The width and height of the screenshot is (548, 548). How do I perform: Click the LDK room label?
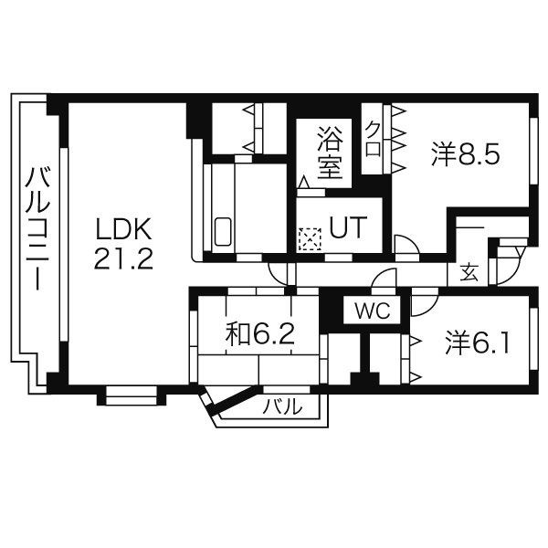[123, 229]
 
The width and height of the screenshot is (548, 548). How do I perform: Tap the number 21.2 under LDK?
[123, 258]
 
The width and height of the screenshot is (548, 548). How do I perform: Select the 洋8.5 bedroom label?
[466, 153]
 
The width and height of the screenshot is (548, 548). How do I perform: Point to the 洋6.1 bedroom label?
[477, 342]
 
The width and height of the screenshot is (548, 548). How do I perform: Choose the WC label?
[372, 311]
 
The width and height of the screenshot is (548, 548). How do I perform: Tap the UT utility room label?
[348, 227]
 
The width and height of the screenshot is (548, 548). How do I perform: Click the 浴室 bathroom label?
[329, 153]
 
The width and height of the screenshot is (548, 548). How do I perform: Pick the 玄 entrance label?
[469, 272]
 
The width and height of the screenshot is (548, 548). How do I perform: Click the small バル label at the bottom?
[282, 406]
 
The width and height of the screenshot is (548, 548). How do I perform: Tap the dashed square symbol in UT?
[310, 239]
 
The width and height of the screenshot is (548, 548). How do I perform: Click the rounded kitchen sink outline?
[223, 232]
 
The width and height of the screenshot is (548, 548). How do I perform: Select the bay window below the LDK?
[131, 395]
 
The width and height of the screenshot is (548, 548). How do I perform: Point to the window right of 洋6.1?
[533, 339]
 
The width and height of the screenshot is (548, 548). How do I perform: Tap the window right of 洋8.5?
[533, 151]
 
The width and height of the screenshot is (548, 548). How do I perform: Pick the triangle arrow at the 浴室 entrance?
[304, 182]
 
